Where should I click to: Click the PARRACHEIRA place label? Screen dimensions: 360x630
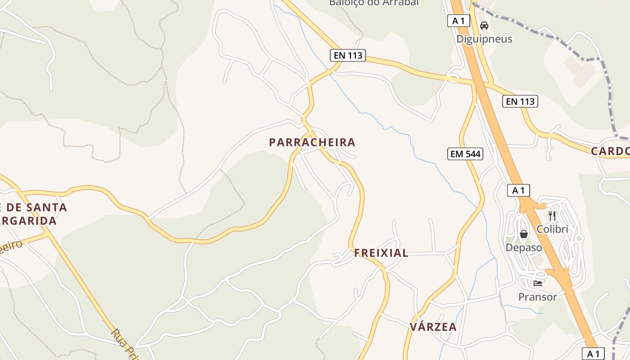[x=312, y=143]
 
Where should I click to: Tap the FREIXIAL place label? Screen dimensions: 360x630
[x=381, y=253]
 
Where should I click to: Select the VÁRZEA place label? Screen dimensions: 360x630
[x=433, y=327]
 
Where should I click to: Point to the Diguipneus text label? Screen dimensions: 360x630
[x=484, y=39]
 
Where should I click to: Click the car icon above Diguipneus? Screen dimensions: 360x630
[x=484, y=26]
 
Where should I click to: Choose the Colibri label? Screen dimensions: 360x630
[x=552, y=229]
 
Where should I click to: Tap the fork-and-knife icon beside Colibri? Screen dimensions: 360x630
[x=552, y=216]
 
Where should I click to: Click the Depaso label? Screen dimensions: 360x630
[x=524, y=247]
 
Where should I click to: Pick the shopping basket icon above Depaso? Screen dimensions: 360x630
[x=524, y=234]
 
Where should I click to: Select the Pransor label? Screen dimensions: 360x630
[x=537, y=297]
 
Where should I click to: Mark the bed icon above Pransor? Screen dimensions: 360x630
[x=537, y=283]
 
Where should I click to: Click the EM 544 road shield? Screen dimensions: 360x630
[x=466, y=154]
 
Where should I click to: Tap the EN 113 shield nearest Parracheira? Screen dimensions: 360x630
[x=348, y=56]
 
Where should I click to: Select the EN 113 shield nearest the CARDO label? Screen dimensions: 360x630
[x=520, y=101]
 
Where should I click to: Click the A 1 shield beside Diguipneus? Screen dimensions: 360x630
[x=459, y=21]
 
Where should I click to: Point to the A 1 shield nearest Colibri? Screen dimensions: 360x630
[x=518, y=190]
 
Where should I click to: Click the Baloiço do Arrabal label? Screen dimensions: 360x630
[x=374, y=3]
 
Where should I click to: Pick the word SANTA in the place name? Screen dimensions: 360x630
[x=45, y=207]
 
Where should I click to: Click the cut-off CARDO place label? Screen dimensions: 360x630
[x=610, y=151]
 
